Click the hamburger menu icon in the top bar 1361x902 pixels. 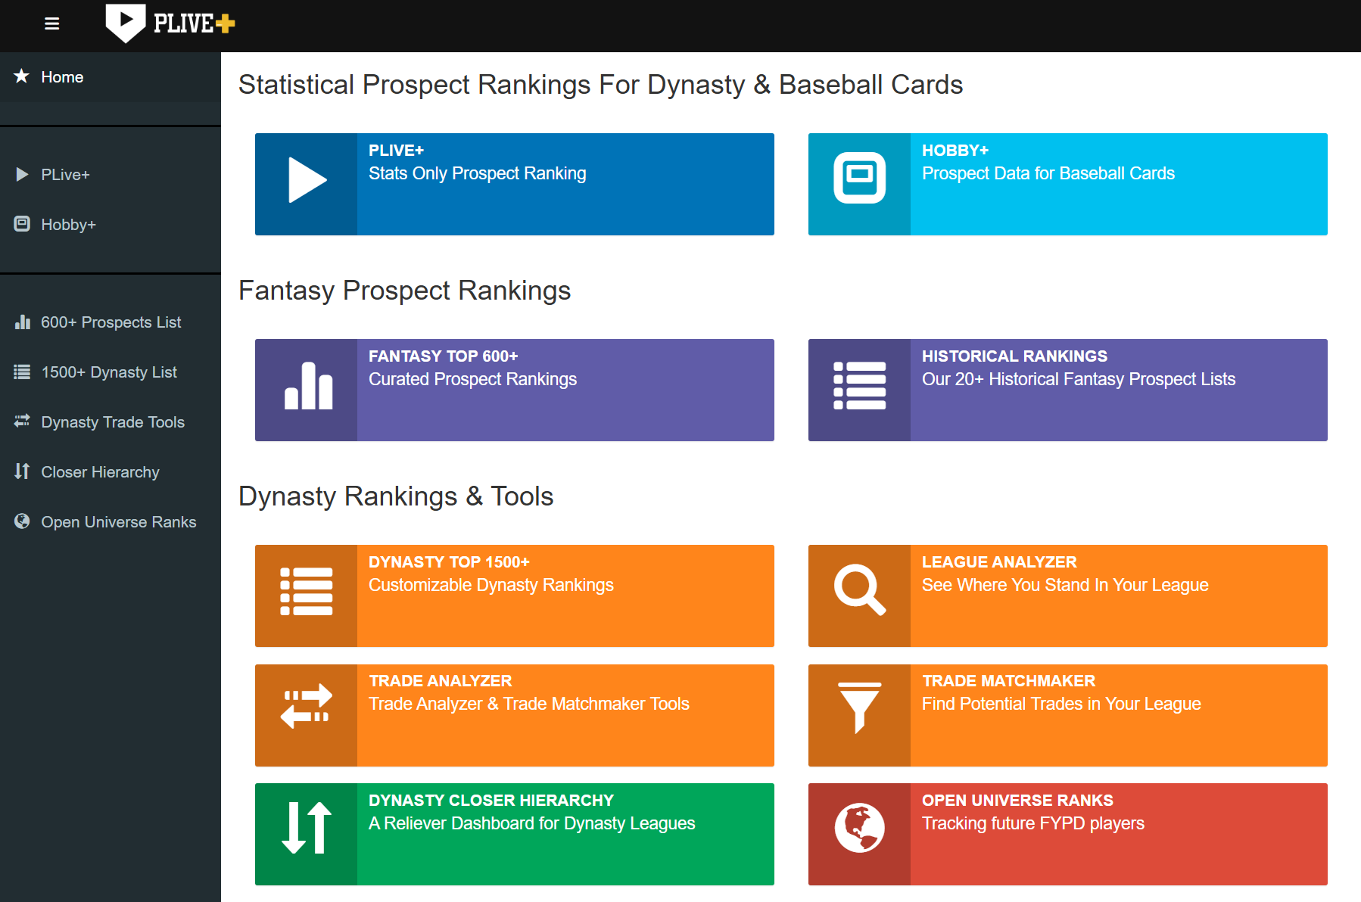[51, 24]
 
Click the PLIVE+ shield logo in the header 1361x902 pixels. [125, 23]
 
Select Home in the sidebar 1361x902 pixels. [62, 77]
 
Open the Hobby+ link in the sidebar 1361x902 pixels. [68, 225]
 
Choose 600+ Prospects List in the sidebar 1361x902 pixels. [111, 322]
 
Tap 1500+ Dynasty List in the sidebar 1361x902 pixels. [109, 372]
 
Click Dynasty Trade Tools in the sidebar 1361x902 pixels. [113, 422]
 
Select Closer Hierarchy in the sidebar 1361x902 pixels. [100, 472]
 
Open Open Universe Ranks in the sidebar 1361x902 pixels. [119, 522]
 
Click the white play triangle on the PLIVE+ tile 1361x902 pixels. [307, 180]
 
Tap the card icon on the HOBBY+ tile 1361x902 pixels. [859, 178]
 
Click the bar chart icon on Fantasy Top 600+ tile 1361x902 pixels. [308, 386]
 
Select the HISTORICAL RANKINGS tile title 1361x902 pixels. [1014, 356]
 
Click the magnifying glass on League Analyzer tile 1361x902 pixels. [859, 589]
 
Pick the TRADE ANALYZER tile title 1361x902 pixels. [441, 681]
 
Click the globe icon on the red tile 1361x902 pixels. [859, 828]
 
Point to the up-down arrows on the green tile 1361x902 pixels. [307, 828]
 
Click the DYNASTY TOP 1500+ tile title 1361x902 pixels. [449, 562]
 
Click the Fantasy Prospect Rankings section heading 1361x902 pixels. [404, 291]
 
